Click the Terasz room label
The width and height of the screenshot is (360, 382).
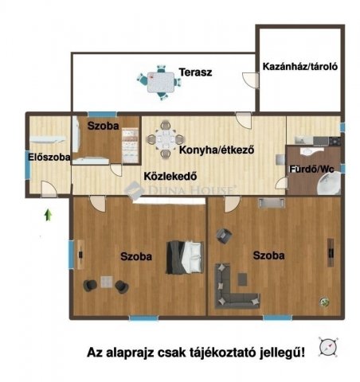click(194, 72)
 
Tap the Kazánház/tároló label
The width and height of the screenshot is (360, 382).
click(301, 68)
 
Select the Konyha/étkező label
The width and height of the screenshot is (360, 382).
click(216, 148)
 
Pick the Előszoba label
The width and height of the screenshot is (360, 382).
click(49, 158)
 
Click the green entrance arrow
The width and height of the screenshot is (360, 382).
click(49, 213)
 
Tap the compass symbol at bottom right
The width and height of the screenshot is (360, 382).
click(327, 347)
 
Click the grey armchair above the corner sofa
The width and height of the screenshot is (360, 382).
click(224, 236)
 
